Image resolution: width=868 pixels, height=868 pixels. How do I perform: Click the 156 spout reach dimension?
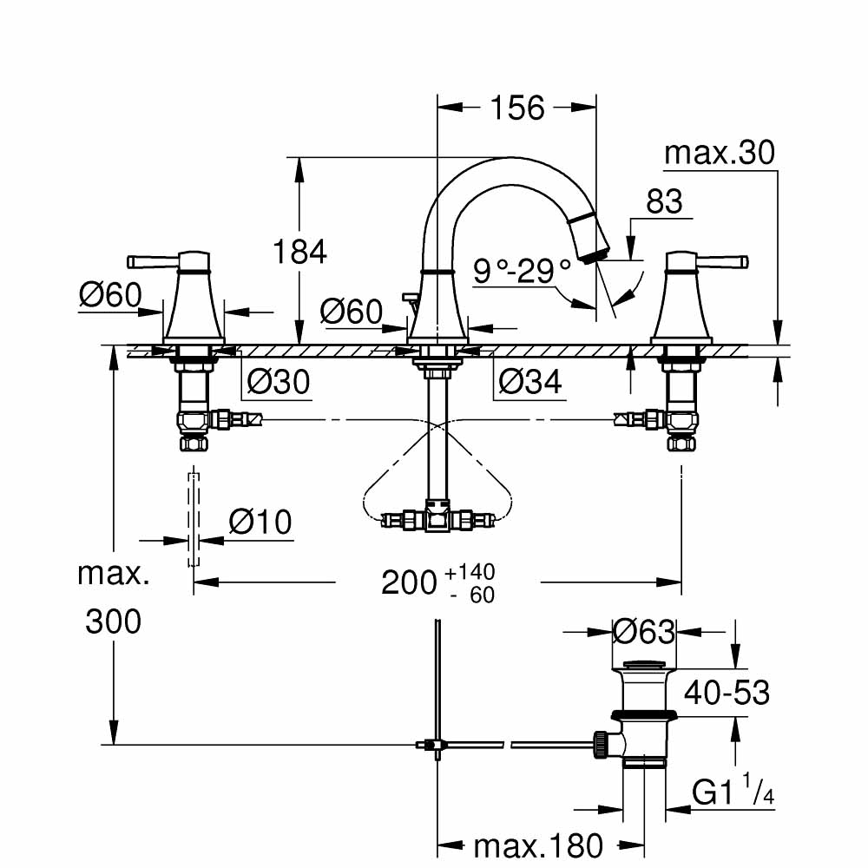[517, 108]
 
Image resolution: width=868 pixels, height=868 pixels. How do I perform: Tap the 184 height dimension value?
[299, 252]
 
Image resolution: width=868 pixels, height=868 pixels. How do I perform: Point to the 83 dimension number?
[664, 202]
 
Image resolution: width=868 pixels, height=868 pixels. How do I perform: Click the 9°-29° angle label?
[523, 272]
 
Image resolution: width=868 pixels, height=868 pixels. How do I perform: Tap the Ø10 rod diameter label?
[260, 523]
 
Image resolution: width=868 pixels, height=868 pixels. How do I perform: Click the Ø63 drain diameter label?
[643, 632]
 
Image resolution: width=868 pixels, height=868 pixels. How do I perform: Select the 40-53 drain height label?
[727, 692]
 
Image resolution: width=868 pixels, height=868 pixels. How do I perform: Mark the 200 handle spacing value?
[409, 582]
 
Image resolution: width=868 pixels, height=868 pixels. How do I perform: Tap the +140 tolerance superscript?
[469, 572]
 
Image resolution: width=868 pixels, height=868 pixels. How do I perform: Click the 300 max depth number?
[113, 621]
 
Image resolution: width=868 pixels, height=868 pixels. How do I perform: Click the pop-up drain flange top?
[646, 667]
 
